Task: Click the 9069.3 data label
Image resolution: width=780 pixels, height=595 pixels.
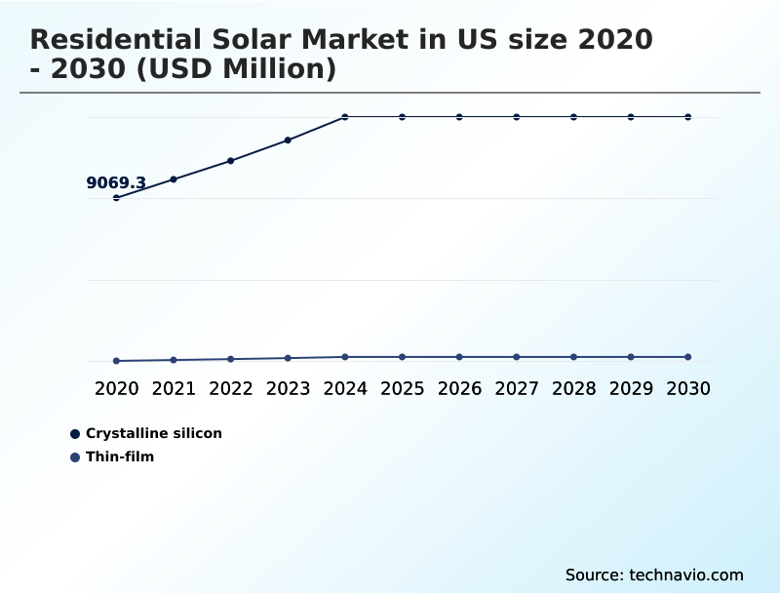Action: click(116, 183)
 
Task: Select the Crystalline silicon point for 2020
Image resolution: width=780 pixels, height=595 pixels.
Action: click(116, 198)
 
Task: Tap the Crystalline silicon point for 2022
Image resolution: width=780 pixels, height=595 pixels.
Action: click(231, 161)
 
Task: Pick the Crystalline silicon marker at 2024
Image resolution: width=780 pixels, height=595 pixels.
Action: click(345, 117)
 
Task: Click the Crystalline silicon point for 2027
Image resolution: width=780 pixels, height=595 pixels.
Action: click(517, 117)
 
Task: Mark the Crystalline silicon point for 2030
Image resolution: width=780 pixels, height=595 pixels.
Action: click(688, 117)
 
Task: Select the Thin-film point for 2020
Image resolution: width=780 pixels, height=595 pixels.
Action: click(116, 361)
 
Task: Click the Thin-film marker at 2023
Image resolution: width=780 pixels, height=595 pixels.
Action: click(288, 358)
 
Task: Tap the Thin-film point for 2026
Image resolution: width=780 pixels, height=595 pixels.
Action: click(459, 357)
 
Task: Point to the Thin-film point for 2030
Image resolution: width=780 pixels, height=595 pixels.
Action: click(688, 357)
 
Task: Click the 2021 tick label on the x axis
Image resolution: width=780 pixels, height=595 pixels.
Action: click(174, 389)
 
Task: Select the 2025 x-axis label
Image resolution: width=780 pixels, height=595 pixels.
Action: click(403, 389)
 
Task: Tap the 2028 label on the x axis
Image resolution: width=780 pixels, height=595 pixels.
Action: click(573, 389)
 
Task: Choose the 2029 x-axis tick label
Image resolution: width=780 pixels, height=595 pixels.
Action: click(631, 389)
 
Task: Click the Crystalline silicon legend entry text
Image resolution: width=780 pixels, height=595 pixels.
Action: click(154, 434)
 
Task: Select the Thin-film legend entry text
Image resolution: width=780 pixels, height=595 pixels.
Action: click(120, 456)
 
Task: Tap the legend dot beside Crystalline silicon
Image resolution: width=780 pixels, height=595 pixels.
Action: click(75, 434)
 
